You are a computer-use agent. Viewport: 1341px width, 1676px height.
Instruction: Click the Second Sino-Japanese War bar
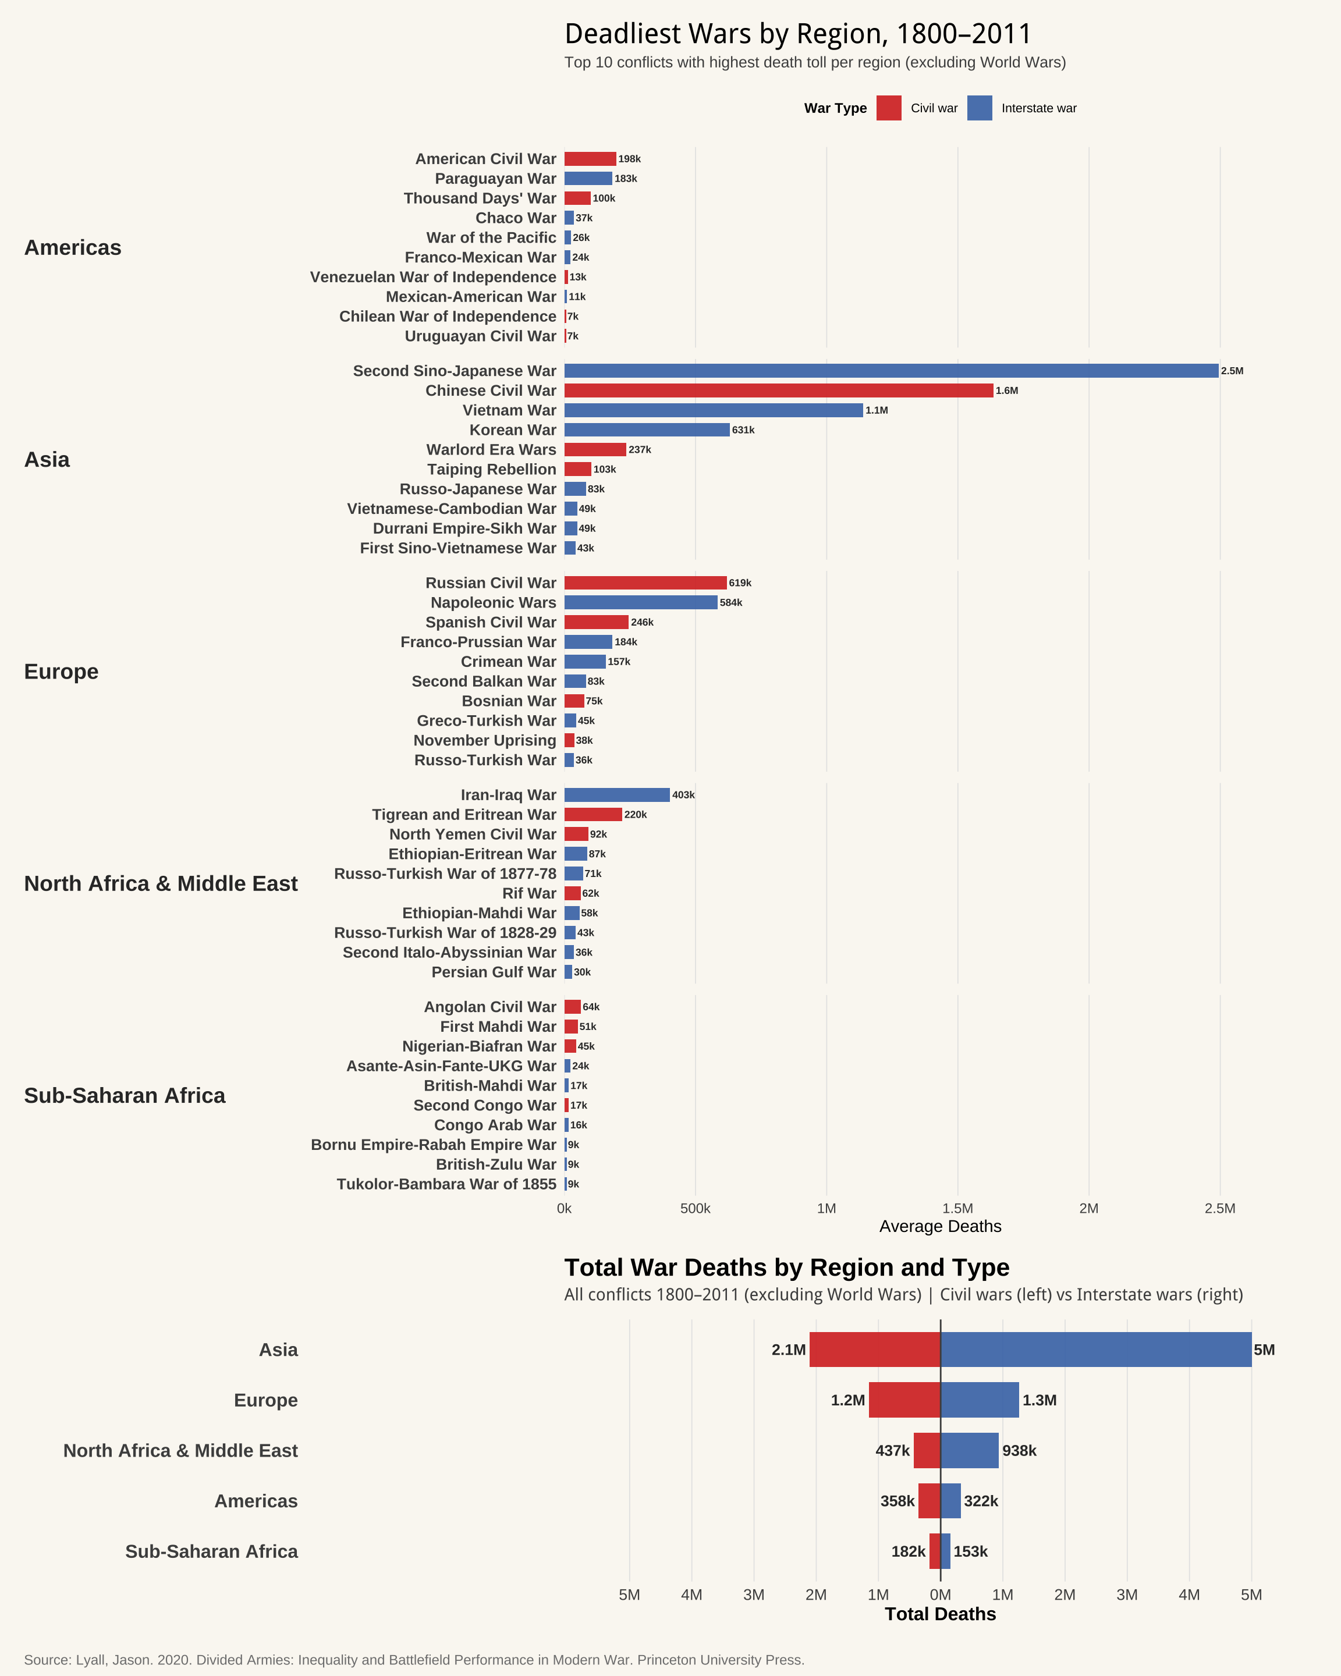[891, 371]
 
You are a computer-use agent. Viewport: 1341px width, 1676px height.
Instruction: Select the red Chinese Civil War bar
[778, 390]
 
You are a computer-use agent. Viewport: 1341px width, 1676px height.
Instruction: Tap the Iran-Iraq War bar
[616, 794]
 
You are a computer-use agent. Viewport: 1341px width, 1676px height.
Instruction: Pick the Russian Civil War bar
[645, 583]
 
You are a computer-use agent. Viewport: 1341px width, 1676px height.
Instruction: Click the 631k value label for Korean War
[743, 430]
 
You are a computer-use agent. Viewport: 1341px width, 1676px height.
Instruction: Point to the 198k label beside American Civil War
[630, 159]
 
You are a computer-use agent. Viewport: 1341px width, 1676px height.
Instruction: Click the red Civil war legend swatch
[889, 108]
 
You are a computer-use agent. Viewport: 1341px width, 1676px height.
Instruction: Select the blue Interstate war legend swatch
[980, 108]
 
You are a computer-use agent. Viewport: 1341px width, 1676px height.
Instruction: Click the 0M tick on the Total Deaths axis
[941, 1595]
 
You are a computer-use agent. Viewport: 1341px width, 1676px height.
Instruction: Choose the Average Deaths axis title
[940, 1227]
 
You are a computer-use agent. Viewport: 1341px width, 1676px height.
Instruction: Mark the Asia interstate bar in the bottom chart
[1096, 1350]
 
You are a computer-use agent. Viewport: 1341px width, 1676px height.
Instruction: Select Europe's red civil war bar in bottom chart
[904, 1400]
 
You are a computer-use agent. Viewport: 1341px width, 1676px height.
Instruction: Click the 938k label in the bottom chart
[1019, 1451]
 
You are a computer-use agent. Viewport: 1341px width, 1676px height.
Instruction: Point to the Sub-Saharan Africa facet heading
[125, 1095]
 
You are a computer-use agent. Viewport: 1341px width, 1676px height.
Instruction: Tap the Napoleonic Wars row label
[493, 602]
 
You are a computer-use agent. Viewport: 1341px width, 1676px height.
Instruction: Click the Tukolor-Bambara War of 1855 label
[446, 1184]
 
